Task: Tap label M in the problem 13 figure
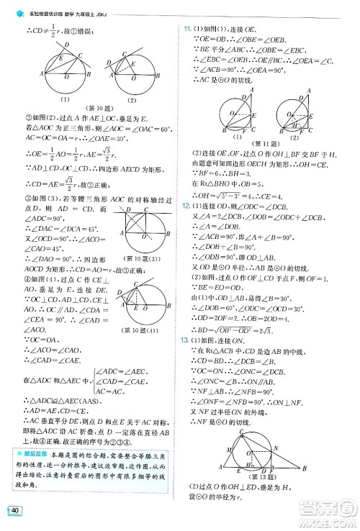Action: tap(229, 469)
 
